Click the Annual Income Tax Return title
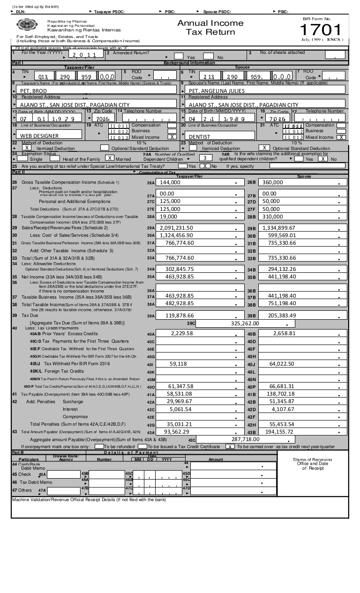pyautogui.click(x=210, y=28)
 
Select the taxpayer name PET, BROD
pyautogui.click(x=33, y=90)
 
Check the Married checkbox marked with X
pyautogui.click(x=110, y=158)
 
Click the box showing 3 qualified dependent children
pyautogui.click(x=205, y=158)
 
